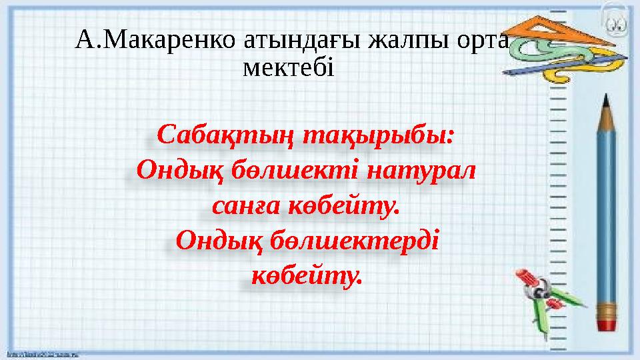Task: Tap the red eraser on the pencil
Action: (x=607, y=325)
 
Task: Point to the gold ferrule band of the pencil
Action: (x=607, y=309)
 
